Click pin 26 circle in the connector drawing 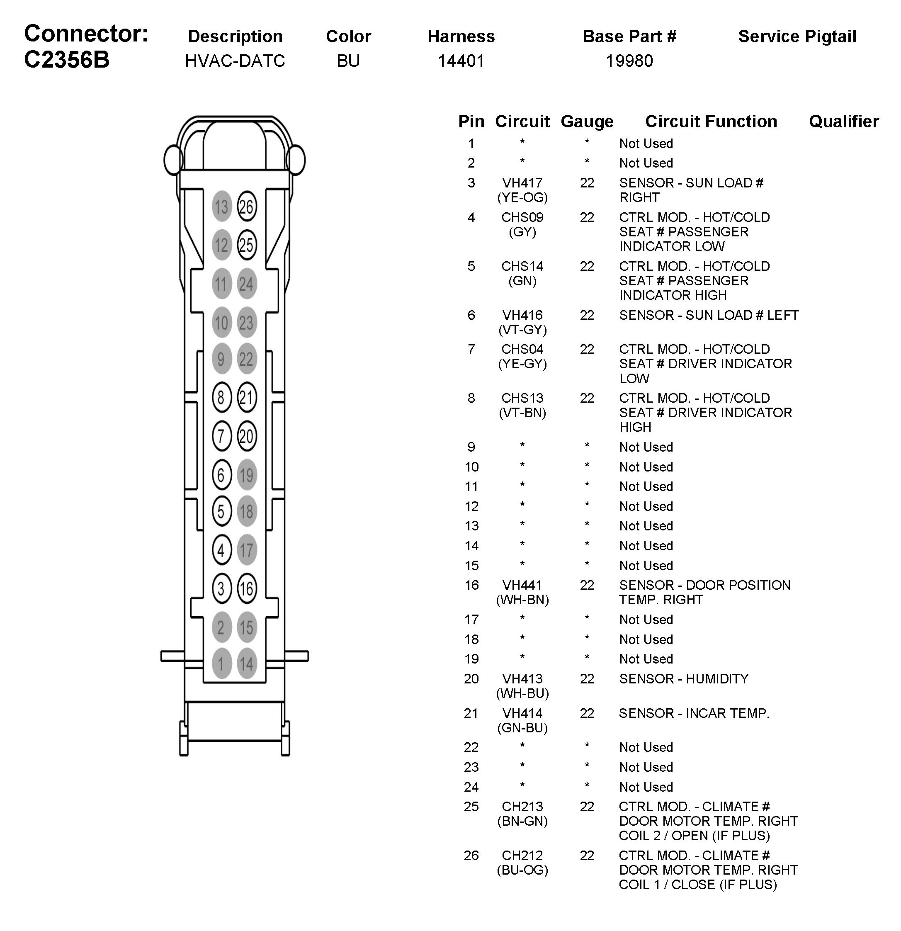click(x=247, y=207)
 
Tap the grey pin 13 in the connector click(x=221, y=207)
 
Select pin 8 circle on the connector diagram click(x=221, y=397)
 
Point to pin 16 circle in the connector click(x=247, y=588)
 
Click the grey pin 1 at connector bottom click(x=221, y=663)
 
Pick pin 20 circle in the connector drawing click(x=247, y=436)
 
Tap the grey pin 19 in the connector click(x=247, y=474)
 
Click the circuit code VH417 click(x=522, y=183)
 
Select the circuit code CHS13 click(x=522, y=398)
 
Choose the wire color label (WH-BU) click(x=522, y=693)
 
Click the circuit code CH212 click(x=522, y=856)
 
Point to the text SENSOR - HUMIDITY click(x=683, y=679)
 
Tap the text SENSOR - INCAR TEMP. click(x=693, y=713)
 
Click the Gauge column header click(x=587, y=122)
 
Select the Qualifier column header click(x=843, y=122)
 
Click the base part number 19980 click(x=629, y=61)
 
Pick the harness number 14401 click(x=461, y=61)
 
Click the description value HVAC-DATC click(x=235, y=61)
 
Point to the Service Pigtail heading click(x=797, y=36)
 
